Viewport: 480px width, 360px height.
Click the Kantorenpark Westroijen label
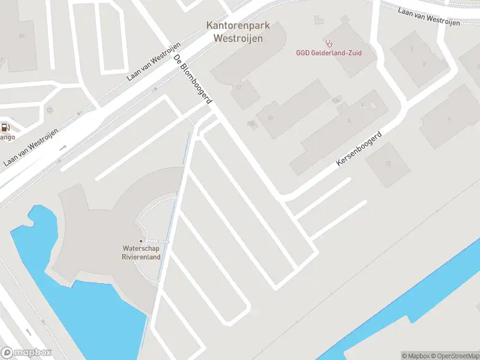[x=238, y=32]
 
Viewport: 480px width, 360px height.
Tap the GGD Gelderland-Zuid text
[x=329, y=53]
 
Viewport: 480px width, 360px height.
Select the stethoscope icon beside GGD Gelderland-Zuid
[x=329, y=43]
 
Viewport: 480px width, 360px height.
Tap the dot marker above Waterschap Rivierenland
[x=141, y=241]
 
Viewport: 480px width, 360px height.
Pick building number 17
[x=239, y=88]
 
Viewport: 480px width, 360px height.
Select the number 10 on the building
[x=270, y=118]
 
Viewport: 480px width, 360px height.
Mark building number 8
[x=349, y=120]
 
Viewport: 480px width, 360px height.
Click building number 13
[x=388, y=163]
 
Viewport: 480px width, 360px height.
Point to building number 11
[x=449, y=119]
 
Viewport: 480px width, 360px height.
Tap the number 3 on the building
[x=411, y=49]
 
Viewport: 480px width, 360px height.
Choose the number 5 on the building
[x=424, y=63]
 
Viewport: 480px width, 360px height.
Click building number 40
[x=22, y=35]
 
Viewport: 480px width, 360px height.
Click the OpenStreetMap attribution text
[x=454, y=356]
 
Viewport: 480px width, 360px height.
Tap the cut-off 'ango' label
[x=7, y=137]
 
